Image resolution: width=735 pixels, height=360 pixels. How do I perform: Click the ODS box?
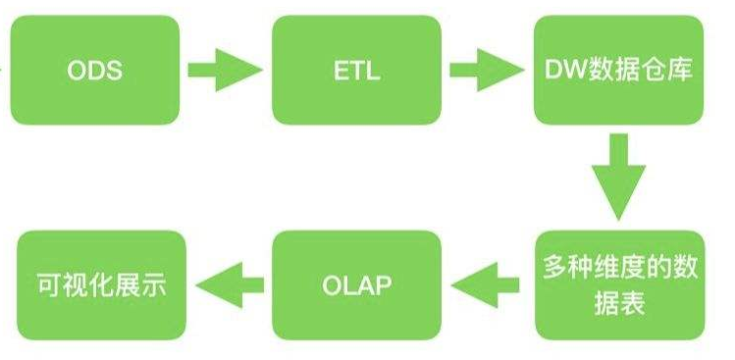click(95, 71)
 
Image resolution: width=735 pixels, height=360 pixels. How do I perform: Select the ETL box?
click(357, 71)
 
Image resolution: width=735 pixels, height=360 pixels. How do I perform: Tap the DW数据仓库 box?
click(619, 71)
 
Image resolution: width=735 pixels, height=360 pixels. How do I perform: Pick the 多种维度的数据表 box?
click(619, 285)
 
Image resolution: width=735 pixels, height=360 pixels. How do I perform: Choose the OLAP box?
click(357, 285)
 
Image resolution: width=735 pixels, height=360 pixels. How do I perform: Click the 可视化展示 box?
click(102, 285)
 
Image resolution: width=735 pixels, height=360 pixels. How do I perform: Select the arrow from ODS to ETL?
click(225, 70)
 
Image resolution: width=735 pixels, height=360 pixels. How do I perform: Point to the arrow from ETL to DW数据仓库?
click(487, 70)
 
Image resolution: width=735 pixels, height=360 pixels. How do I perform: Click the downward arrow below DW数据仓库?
click(619, 178)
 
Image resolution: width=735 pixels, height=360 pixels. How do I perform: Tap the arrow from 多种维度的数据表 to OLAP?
click(486, 285)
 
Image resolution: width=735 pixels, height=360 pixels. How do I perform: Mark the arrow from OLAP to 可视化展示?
click(231, 285)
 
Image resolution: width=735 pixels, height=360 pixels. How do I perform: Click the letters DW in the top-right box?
click(565, 71)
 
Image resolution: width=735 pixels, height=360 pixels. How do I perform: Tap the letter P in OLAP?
click(383, 285)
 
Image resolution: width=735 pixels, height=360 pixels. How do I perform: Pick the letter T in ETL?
click(357, 71)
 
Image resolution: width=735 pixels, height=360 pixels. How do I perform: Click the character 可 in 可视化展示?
click(50, 285)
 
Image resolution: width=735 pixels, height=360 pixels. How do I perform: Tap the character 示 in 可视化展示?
click(154, 285)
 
